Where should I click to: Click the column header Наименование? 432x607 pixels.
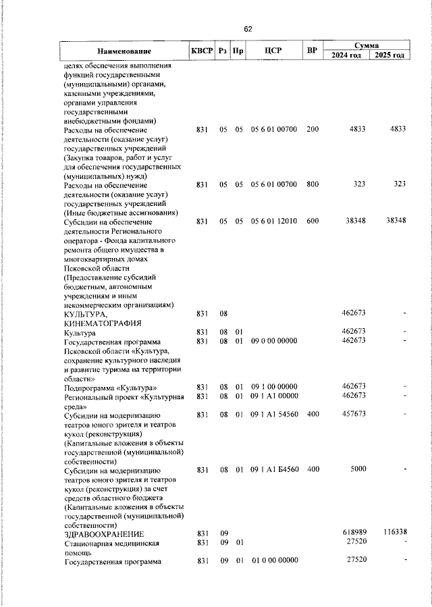pos(124,51)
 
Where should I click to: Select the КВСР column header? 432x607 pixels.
pos(201,51)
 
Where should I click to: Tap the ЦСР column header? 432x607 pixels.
pos(273,51)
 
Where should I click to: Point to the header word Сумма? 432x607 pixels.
pos(368,44)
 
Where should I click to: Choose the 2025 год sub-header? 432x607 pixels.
pos(389,55)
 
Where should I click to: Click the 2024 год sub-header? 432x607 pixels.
pos(346,55)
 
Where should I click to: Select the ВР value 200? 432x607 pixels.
pos(312,129)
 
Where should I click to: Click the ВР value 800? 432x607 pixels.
pos(312,184)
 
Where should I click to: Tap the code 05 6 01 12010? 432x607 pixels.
pos(273,221)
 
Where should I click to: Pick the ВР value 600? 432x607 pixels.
pos(312,221)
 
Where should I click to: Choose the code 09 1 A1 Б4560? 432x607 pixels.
pos(273,469)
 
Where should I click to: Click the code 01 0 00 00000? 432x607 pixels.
pos(274,560)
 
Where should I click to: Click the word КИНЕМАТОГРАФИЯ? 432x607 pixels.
pos(103,323)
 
